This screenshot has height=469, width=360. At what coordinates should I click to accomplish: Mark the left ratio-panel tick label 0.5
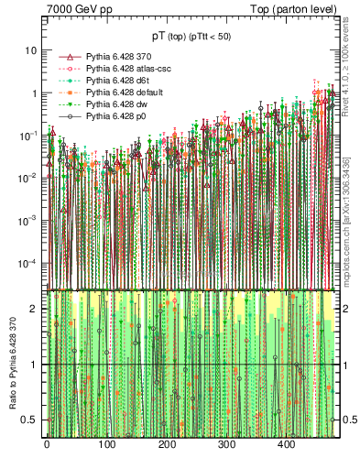click(30, 420)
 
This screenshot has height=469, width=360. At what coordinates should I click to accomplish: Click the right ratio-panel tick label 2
click(344, 309)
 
